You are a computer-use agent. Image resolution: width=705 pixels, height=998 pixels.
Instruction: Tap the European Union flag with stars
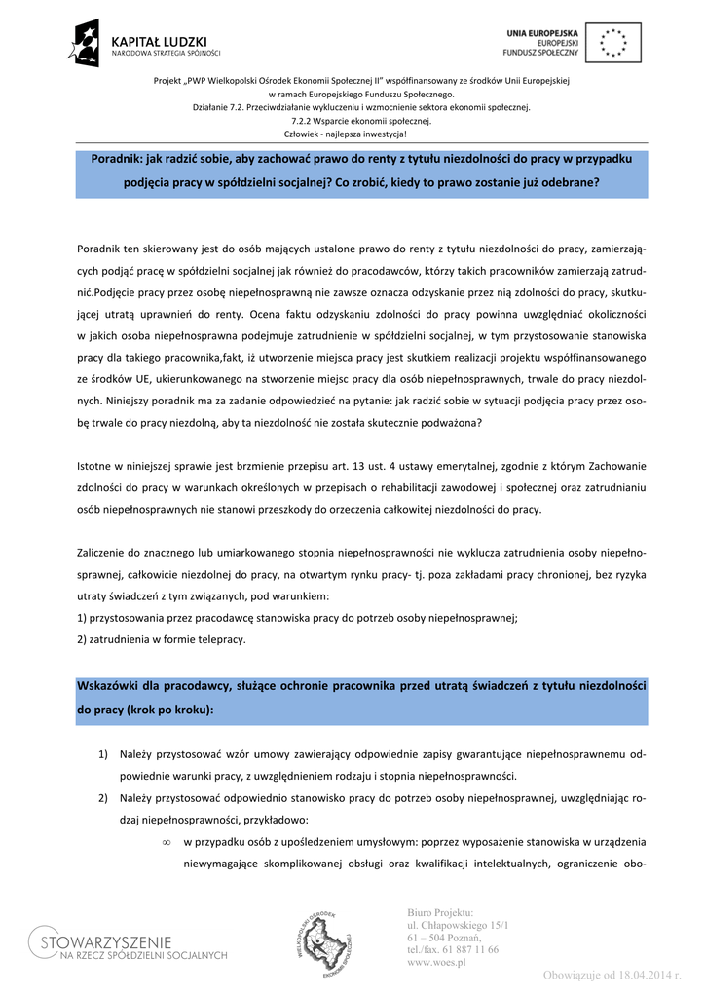613,43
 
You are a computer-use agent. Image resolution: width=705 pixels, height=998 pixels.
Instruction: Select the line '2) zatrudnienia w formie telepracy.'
161,639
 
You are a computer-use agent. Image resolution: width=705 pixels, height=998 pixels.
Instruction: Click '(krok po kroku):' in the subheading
169,710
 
